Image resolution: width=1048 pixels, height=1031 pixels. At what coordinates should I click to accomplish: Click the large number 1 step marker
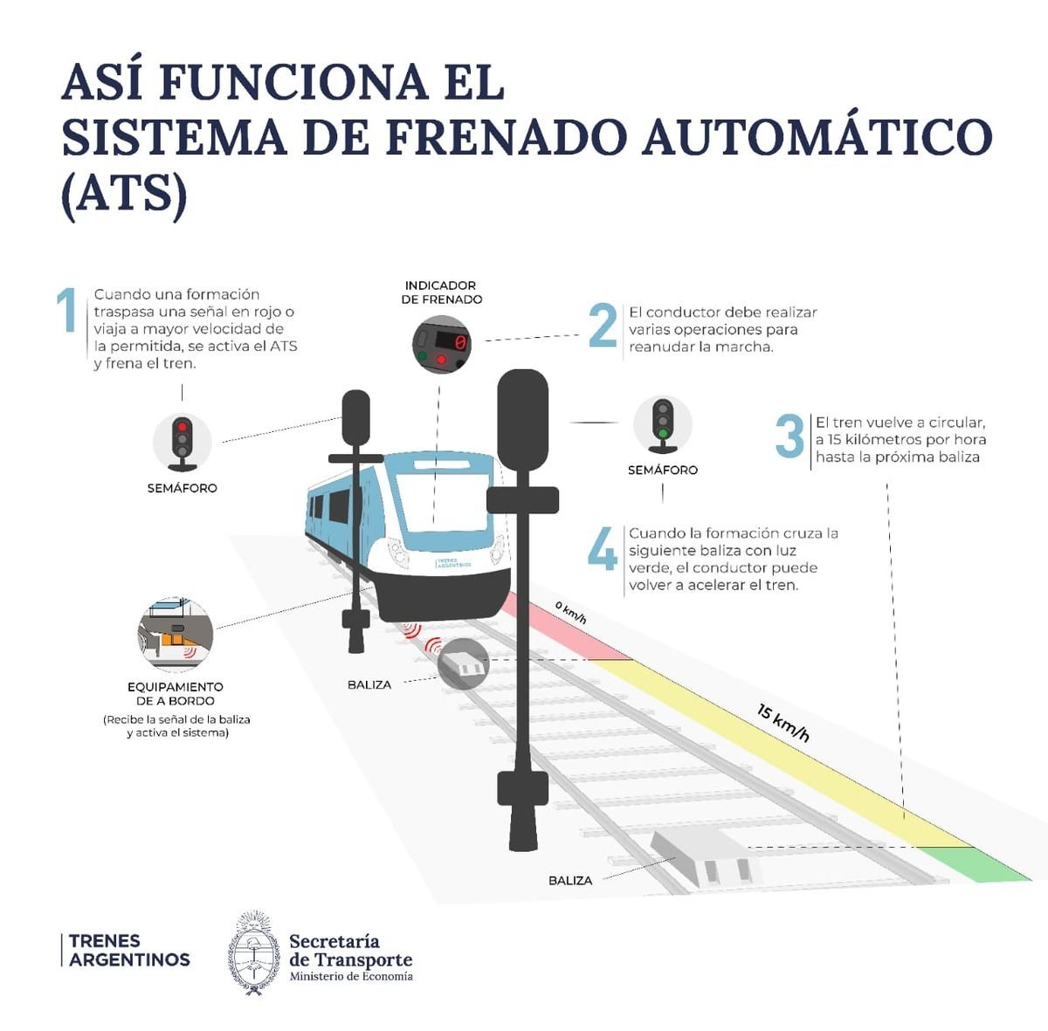coord(66,312)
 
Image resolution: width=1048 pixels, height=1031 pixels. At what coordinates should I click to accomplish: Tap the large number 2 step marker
coord(603,327)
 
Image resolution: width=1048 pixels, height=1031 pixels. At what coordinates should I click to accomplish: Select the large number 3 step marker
coord(789,436)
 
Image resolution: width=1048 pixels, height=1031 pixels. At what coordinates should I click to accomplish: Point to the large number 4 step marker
coord(603,549)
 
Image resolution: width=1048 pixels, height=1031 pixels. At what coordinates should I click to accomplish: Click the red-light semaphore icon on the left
coord(182,442)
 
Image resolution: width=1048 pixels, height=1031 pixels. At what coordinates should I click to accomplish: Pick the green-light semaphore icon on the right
coord(663,425)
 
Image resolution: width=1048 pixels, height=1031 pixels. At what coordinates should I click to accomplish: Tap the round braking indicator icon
coord(442,344)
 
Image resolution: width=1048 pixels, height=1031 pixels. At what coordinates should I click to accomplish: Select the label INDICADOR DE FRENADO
coord(441,292)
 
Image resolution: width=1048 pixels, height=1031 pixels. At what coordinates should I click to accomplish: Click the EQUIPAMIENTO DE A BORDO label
coord(176,693)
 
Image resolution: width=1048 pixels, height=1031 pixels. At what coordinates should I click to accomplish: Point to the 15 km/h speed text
coord(783,723)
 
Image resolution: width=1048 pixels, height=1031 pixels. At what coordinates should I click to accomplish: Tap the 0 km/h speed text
coord(570,612)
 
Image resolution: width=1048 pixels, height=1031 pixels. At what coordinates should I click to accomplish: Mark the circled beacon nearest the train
coord(462,664)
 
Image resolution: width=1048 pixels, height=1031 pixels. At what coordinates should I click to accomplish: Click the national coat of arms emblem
coord(254,953)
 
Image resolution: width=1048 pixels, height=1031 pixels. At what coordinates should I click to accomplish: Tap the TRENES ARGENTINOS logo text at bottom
coord(129,951)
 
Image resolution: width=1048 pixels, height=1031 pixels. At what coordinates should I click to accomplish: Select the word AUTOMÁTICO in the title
coord(817,138)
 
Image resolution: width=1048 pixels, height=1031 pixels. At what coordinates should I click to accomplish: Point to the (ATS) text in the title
coord(124,195)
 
